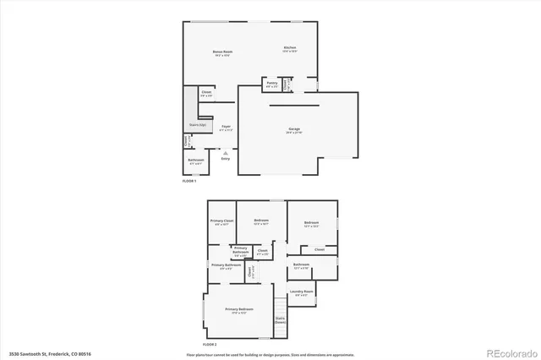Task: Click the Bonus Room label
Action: [222, 52]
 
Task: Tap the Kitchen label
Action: [290, 48]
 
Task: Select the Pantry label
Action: [272, 84]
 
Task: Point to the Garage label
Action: [294, 129]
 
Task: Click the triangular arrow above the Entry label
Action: [225, 152]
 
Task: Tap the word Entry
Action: [225, 159]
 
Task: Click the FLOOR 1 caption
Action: [189, 181]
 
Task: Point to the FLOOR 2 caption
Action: [210, 345]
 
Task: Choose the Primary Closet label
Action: [221, 221]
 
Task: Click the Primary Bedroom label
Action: [239, 309]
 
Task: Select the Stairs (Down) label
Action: [280, 320]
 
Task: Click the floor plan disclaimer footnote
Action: [270, 353]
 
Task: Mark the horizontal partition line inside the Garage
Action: [294, 106]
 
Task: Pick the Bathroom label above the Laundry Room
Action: [301, 265]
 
